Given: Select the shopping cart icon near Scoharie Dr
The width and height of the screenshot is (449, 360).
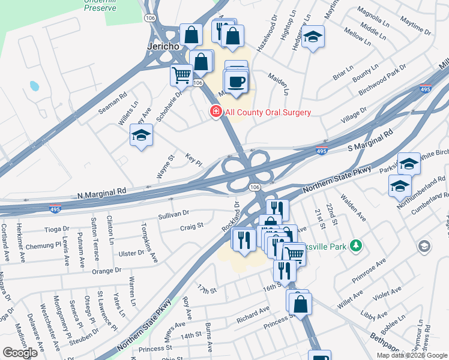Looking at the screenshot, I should click(181, 76).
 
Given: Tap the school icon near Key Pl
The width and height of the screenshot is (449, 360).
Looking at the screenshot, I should click(141, 135).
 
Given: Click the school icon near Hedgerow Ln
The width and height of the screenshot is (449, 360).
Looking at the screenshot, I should click(313, 37).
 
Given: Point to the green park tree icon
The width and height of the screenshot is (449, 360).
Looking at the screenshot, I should click(356, 245).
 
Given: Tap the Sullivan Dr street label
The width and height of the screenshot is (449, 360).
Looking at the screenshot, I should click(173, 213).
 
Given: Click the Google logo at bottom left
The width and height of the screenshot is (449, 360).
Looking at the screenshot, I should click(20, 353).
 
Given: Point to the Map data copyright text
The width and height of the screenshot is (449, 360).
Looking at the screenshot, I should click(412, 355).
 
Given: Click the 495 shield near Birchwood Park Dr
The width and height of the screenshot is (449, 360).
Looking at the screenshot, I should click(425, 89).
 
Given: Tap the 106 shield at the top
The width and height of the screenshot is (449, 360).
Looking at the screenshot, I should click(150, 19).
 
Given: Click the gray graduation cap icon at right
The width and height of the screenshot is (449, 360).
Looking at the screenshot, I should click(424, 247).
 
